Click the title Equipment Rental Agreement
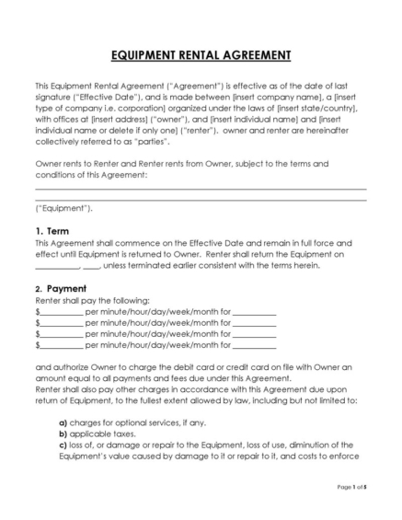tap(201, 55)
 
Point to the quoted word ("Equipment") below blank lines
tap(63, 208)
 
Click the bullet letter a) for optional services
tap(63, 422)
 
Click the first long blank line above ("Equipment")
tap(201, 189)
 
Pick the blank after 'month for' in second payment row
tap(255, 324)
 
